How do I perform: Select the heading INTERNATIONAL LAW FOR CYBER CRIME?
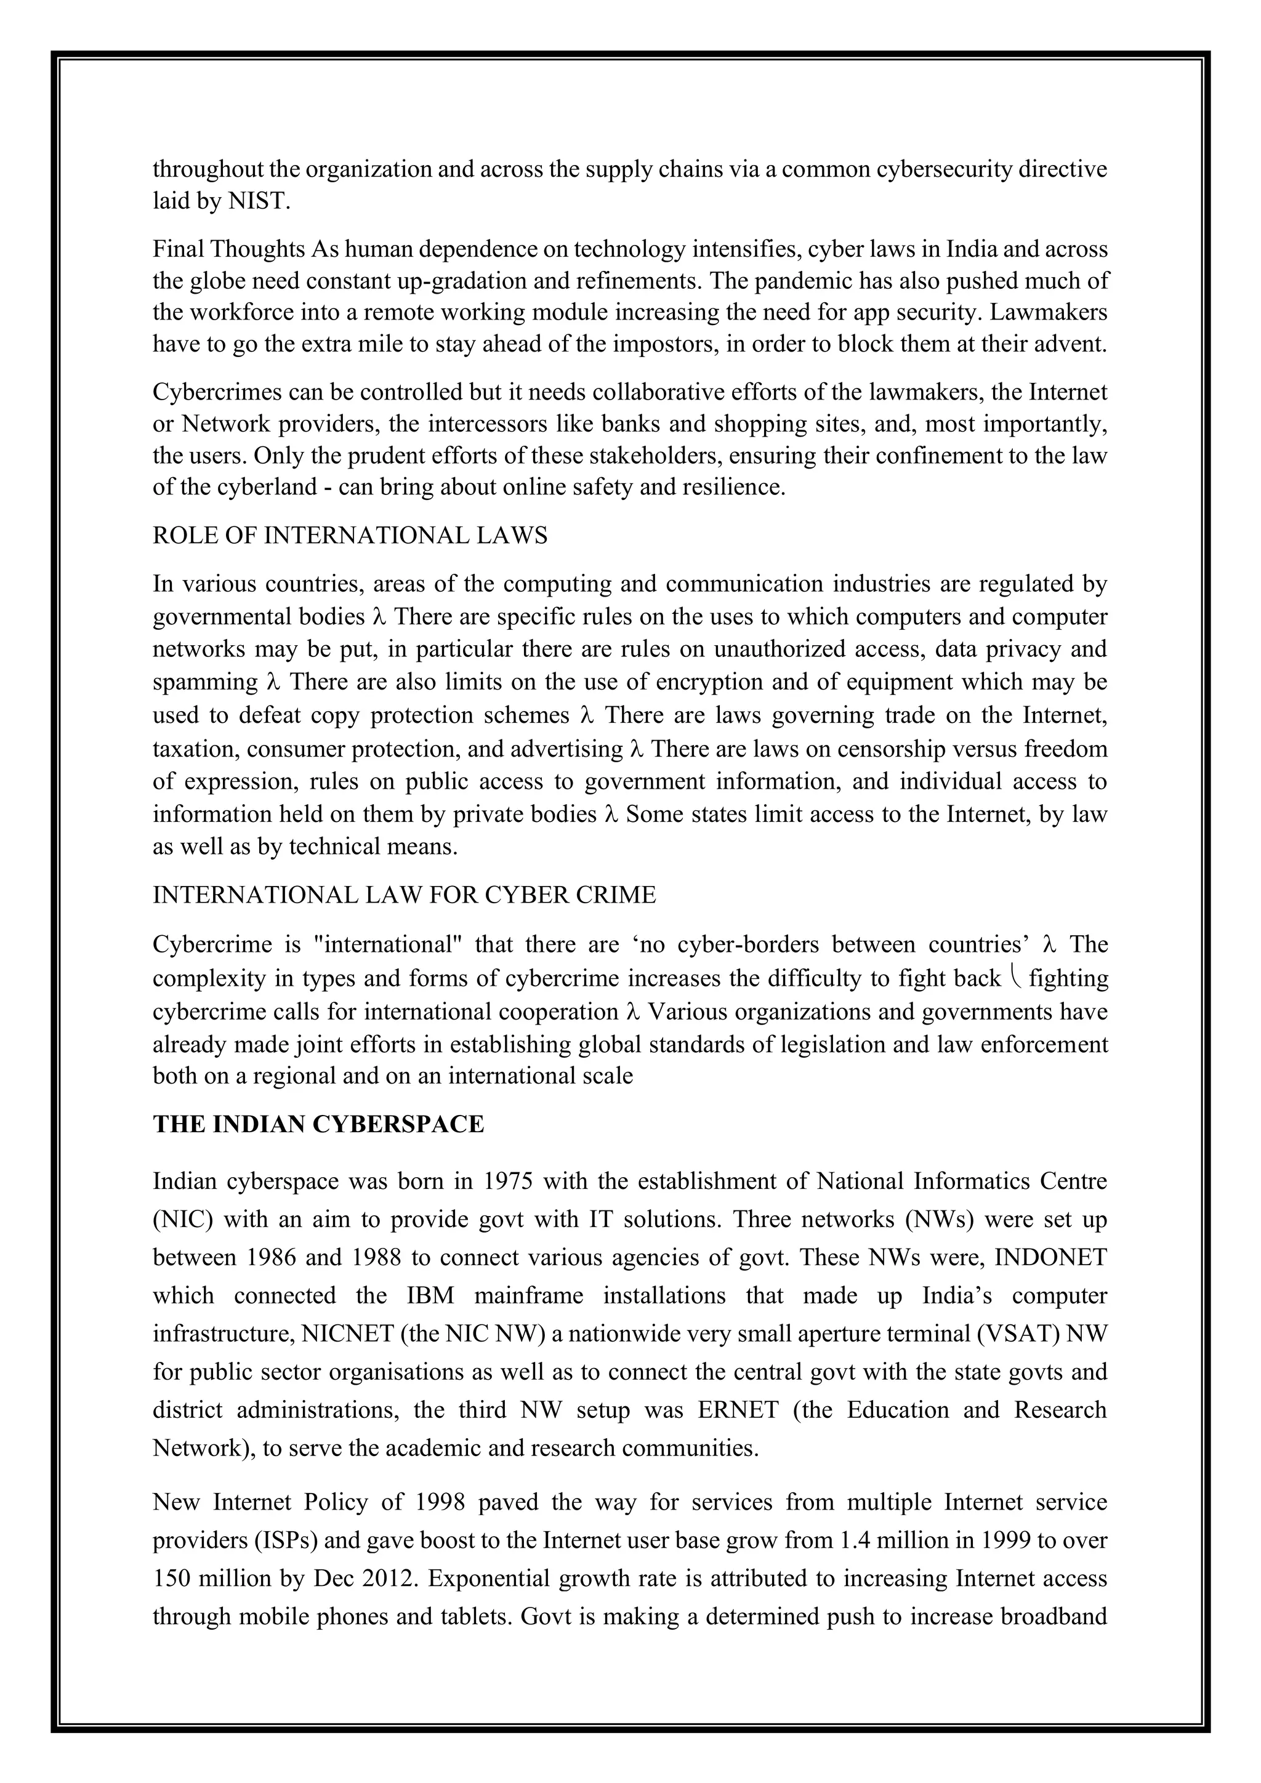tap(404, 895)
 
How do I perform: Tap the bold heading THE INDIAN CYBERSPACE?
tap(318, 1124)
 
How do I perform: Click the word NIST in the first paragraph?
tap(258, 202)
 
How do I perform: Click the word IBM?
tap(430, 1295)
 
